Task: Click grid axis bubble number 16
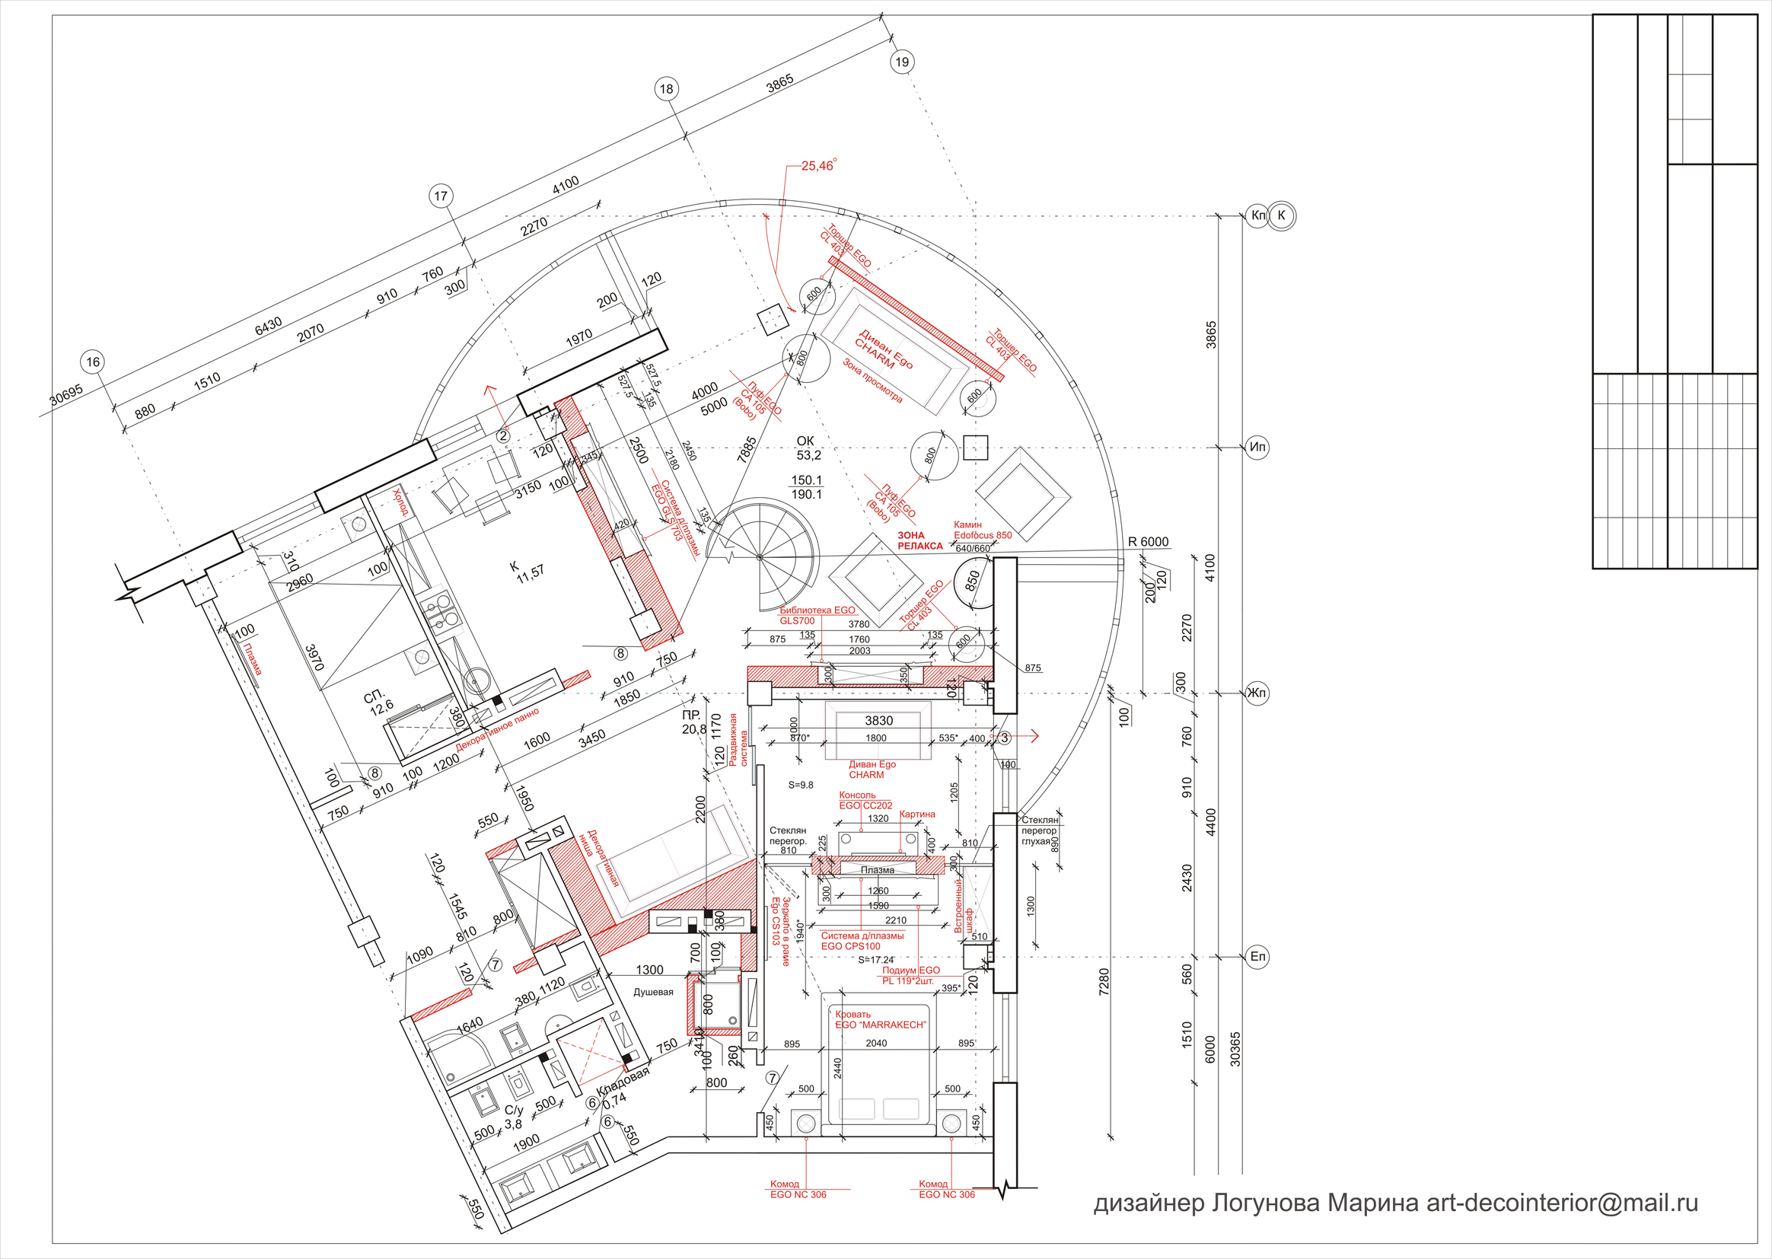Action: [x=93, y=362]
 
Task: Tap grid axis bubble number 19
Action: [x=901, y=62]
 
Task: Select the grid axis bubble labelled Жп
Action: [x=1257, y=693]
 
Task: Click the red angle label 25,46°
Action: [x=818, y=166]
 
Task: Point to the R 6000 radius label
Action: [x=1148, y=542]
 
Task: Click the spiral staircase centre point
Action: [x=759, y=557]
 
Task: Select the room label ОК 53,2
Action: [x=806, y=448]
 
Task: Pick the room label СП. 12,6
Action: [x=379, y=703]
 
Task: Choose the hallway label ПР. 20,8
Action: [x=693, y=722]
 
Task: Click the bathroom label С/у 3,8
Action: [x=513, y=1117]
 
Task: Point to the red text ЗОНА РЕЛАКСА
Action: [x=920, y=540]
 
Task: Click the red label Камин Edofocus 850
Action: [x=982, y=530]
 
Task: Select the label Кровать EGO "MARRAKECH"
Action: [x=879, y=1019]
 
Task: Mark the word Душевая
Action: [x=653, y=992]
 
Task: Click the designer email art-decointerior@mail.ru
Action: [x=1563, y=1203]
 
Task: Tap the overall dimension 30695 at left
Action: [x=66, y=395]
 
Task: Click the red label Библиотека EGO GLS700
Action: [x=817, y=616]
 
